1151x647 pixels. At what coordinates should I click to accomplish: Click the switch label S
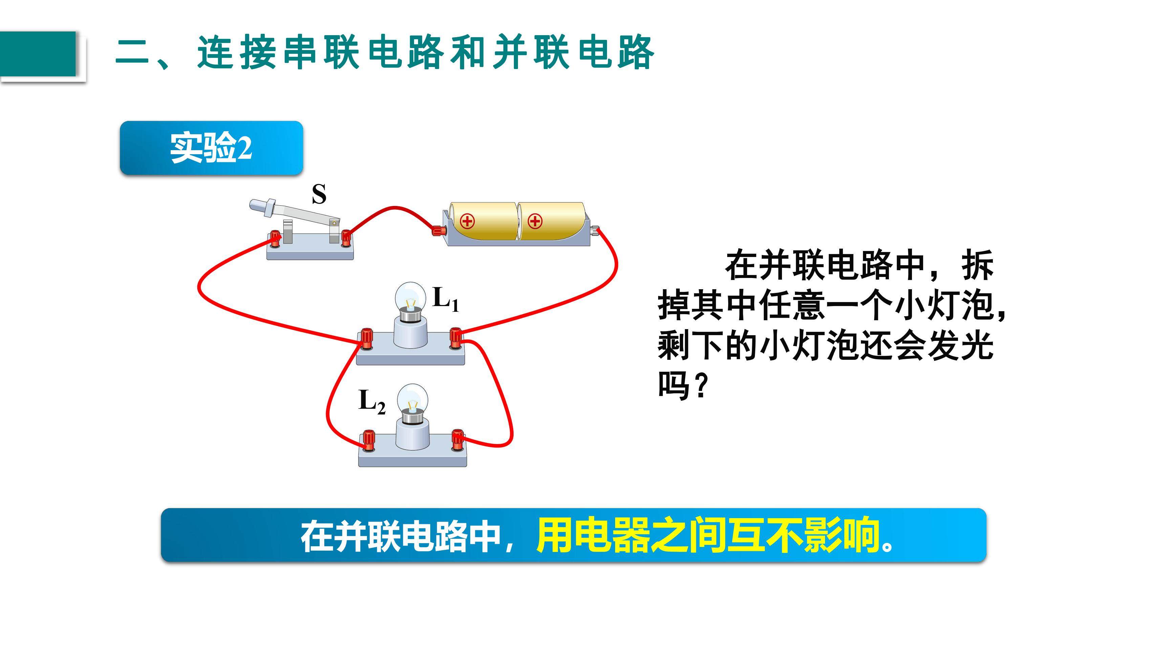(319, 194)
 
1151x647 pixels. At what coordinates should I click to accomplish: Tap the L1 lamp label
(446, 299)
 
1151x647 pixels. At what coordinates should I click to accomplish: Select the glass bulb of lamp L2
(412, 398)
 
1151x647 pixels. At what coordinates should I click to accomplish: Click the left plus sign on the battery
(468, 221)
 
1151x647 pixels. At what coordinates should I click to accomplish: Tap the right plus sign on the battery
(535, 221)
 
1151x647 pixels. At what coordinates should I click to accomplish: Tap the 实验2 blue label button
(211, 148)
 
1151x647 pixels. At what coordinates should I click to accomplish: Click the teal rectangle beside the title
(38, 54)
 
